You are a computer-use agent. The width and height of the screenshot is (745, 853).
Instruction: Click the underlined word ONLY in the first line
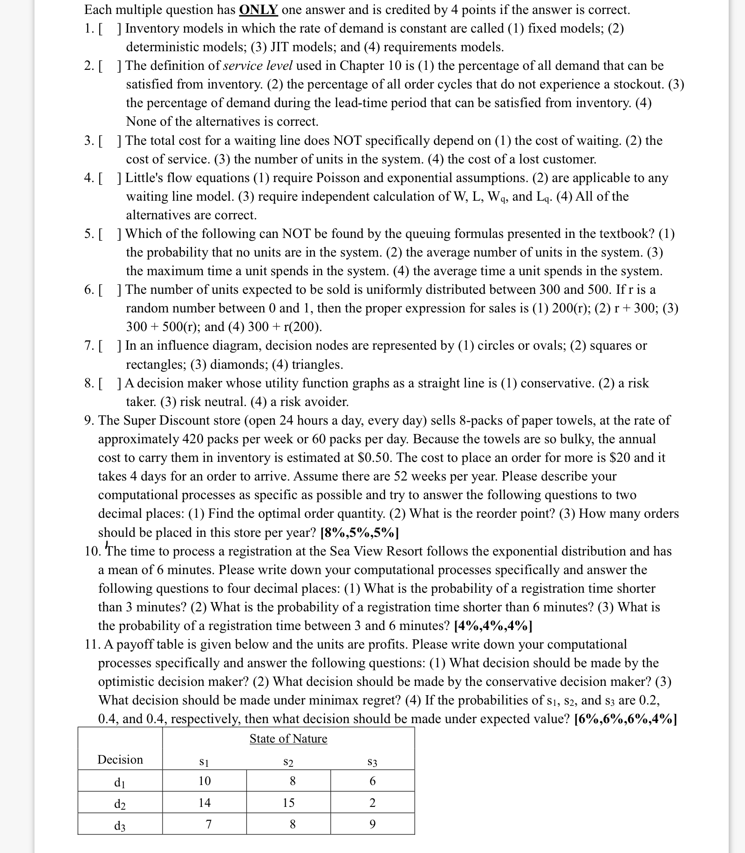(259, 10)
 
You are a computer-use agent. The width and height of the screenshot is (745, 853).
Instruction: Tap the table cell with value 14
(204, 802)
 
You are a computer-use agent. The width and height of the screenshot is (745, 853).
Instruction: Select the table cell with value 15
(288, 802)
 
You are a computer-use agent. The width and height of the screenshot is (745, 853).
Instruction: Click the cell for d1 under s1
(204, 780)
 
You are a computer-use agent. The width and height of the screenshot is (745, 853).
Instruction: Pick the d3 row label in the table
(120, 826)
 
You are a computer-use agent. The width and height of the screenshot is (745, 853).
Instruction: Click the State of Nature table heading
(288, 738)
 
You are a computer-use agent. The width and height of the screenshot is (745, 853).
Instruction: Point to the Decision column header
(120, 759)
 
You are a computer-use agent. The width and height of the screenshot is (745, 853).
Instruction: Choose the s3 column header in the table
(372, 762)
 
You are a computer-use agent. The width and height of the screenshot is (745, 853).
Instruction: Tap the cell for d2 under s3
(372, 802)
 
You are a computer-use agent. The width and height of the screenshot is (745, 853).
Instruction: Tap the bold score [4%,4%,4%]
(493, 625)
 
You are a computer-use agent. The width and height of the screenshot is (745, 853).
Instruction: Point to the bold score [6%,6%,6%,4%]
(626, 719)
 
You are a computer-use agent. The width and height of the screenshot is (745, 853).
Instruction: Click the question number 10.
(92, 551)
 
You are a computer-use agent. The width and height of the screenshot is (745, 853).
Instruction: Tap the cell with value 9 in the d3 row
(372, 824)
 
